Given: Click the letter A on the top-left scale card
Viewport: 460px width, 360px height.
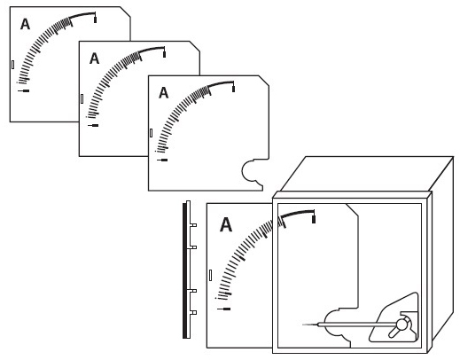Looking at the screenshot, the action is click(25, 24).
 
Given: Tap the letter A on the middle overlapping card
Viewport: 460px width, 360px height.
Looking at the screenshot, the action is click(94, 59).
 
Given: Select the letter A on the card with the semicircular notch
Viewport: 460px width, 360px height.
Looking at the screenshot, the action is click(164, 93).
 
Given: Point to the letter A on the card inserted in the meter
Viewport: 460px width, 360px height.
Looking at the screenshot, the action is click(226, 224).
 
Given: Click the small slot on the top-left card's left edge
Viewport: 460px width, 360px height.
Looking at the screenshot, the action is click(12, 65).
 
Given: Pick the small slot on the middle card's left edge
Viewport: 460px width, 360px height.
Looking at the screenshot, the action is click(82, 98).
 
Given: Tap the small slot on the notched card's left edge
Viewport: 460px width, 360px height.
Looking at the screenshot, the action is click(151, 133).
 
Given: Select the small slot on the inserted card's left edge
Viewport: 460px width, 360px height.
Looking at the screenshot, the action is click(210, 275).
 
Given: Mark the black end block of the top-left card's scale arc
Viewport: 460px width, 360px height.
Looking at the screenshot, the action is click(95, 20).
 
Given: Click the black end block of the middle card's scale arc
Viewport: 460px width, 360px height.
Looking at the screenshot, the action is click(164, 54).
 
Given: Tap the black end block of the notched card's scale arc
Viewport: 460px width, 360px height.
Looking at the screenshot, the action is click(233, 89).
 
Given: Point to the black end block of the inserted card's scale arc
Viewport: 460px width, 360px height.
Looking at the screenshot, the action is click(314, 219).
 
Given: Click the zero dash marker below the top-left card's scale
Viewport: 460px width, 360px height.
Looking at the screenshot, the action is click(23, 90).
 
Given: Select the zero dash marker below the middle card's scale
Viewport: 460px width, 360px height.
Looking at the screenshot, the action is click(93, 125).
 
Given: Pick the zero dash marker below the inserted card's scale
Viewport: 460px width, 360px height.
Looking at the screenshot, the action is click(224, 309).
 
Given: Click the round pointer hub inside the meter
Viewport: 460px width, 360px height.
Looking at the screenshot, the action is click(402, 325).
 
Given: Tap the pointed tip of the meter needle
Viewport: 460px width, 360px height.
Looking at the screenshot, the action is click(302, 325).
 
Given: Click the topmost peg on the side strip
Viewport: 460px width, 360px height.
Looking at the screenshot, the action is click(193, 225).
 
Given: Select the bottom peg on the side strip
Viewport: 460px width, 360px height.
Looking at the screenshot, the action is click(193, 312).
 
